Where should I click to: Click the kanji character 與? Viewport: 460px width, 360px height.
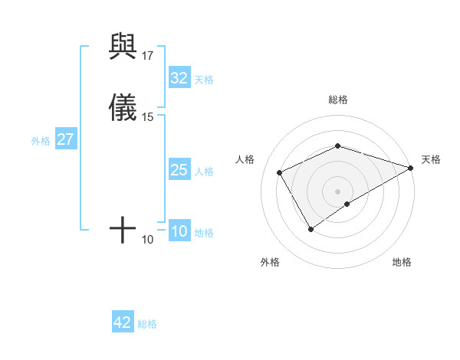[123, 47]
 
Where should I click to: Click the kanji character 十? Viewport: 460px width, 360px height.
[123, 229]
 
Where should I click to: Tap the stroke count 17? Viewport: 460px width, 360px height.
[148, 56]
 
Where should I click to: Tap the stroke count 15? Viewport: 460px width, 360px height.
[148, 117]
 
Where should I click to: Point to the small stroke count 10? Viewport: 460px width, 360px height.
[148, 240]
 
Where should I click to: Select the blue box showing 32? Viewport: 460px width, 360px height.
[179, 78]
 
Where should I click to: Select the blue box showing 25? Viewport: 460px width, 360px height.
[179, 170]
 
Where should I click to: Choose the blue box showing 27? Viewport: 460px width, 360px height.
[66, 140]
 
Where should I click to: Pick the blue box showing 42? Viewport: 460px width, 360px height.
[123, 322]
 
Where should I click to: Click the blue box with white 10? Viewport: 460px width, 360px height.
[179, 232]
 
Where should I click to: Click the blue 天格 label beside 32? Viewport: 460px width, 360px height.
[204, 80]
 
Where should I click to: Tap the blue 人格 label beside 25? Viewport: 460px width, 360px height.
[204, 172]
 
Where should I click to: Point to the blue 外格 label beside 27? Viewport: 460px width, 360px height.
[41, 141]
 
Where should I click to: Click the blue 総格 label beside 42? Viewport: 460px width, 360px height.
[147, 324]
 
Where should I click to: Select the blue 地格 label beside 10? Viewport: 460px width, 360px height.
[204, 233]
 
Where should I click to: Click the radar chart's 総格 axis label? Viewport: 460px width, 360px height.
[338, 100]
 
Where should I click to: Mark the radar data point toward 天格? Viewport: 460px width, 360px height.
[410, 169]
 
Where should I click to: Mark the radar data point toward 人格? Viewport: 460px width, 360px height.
[280, 172]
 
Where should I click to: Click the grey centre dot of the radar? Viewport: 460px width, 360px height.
[338, 191]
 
